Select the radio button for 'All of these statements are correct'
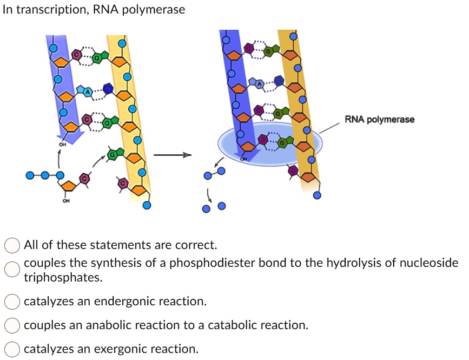(x=12, y=245)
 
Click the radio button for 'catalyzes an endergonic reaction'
(x=12, y=302)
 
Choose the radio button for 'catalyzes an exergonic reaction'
(x=12, y=349)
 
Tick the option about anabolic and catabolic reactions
(x=12, y=325)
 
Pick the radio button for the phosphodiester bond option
(x=12, y=269)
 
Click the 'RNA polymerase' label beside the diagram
(x=379, y=120)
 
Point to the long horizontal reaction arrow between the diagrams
(x=173, y=155)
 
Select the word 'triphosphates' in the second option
(x=63, y=278)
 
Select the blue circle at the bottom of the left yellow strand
(x=147, y=206)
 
